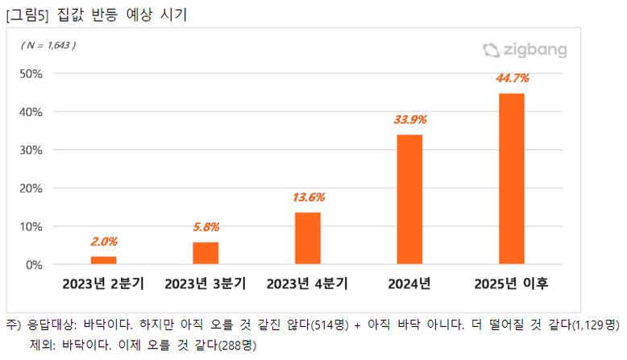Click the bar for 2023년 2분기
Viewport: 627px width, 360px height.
tap(103, 260)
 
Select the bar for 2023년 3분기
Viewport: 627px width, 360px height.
tap(206, 253)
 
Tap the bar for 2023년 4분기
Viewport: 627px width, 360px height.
tap(307, 238)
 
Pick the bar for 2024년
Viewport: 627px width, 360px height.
tap(409, 200)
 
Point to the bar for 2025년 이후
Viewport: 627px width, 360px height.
tap(512, 179)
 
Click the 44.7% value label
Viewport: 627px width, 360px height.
tap(512, 78)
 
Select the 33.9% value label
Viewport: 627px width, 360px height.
tap(409, 119)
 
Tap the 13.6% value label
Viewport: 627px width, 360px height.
tap(307, 197)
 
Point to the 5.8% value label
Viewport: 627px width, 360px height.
tap(206, 226)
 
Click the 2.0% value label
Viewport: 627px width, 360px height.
tap(103, 241)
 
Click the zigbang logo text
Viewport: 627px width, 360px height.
tap(536, 51)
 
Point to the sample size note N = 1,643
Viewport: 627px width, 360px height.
tap(48, 46)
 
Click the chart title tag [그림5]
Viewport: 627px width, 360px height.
tap(27, 14)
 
